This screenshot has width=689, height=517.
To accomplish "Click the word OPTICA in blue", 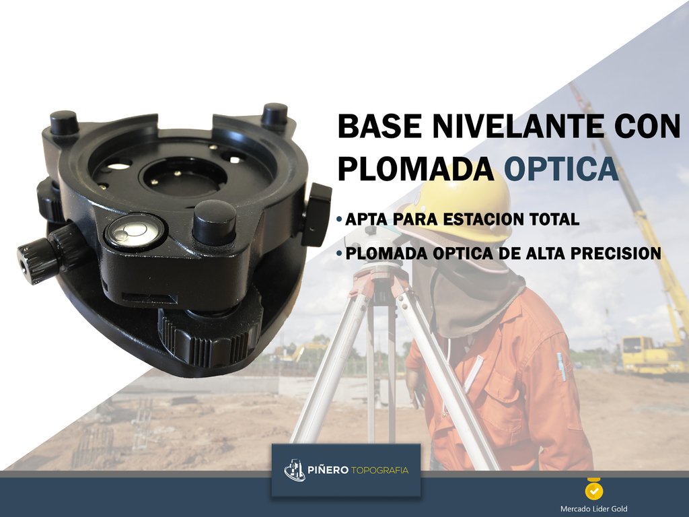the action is click(x=561, y=169).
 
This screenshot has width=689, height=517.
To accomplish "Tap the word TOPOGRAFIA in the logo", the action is click(x=379, y=471).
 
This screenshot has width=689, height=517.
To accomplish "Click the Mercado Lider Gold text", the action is click(x=593, y=509).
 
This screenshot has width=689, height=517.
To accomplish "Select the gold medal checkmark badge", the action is click(x=594, y=489).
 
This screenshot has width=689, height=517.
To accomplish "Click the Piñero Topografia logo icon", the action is click(x=294, y=470).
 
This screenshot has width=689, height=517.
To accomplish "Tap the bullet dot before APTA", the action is click(x=339, y=219).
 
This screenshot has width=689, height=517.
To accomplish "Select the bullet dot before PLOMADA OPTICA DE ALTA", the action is click(x=339, y=254).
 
